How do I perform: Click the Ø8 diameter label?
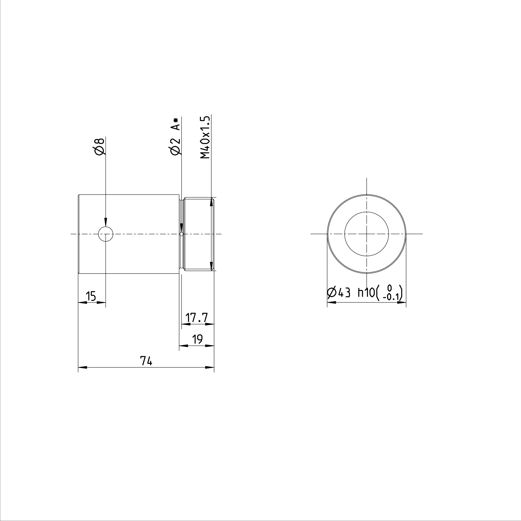point(99,147)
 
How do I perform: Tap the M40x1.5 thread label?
point(205,137)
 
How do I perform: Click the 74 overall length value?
point(146,361)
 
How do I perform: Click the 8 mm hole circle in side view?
point(106,234)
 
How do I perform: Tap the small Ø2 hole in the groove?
point(182,234)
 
